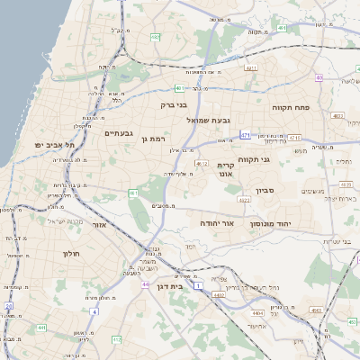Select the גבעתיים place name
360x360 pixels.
pyautogui.click(x=119, y=133)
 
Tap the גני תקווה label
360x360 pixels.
pyautogui.click(x=255, y=159)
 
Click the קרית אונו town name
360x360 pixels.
pyautogui.click(x=226, y=170)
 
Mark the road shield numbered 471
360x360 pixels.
pyautogui.click(x=245, y=135)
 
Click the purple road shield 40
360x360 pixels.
pyautogui.click(x=319, y=77)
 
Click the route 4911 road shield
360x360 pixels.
pyautogui.click(x=250, y=67)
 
